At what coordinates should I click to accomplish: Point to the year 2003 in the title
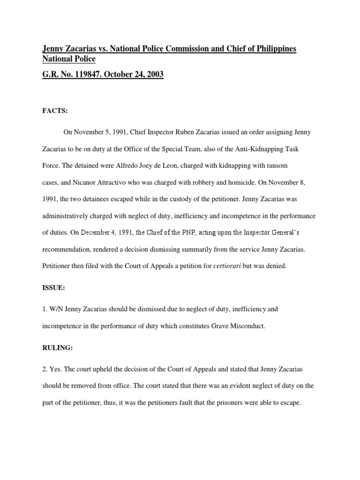pyautogui.click(x=154, y=75)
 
